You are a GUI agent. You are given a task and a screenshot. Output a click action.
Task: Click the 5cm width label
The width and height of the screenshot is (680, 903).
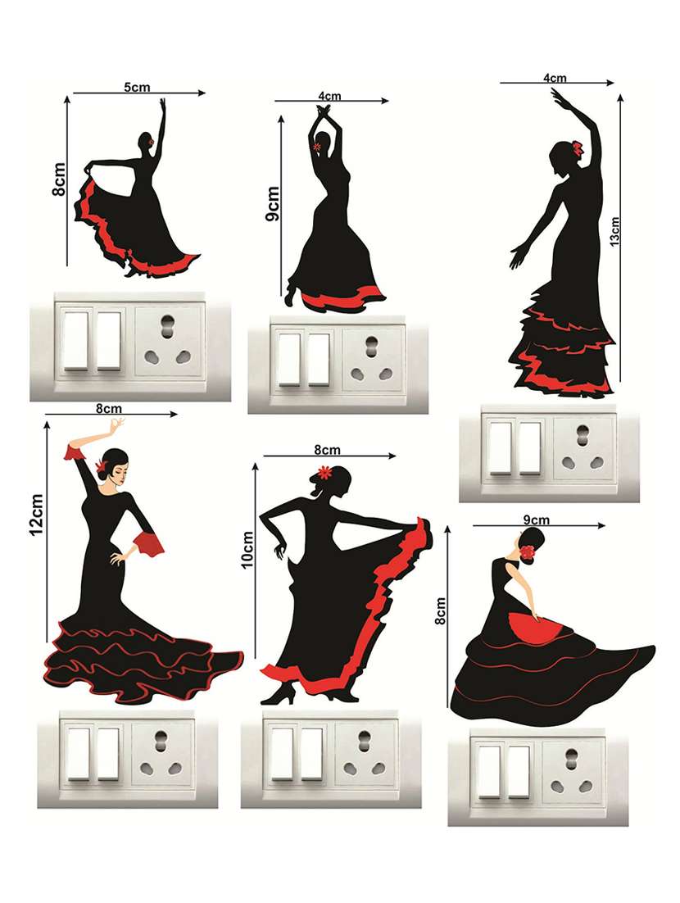click(x=137, y=87)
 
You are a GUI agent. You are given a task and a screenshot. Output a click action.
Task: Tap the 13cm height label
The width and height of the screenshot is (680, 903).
click(x=615, y=232)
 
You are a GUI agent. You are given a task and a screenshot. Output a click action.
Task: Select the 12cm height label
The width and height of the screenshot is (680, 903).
click(x=36, y=515)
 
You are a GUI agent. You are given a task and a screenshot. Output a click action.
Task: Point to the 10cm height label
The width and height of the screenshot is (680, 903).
click(x=247, y=549)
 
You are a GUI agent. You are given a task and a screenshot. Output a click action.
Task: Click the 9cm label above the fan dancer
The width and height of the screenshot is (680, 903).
click(x=536, y=520)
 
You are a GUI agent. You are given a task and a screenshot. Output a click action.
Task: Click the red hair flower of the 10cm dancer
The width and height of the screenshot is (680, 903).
click(x=325, y=472)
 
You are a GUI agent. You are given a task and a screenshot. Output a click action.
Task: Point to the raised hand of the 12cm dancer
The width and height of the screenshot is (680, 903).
click(x=117, y=427)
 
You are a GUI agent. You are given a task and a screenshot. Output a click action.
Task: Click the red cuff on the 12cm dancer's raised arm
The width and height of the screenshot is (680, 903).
click(x=75, y=451)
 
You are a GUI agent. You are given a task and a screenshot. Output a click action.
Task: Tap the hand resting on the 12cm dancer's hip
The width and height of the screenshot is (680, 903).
click(x=119, y=558)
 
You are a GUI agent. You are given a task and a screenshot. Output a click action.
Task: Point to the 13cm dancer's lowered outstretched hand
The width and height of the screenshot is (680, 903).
click(x=518, y=256)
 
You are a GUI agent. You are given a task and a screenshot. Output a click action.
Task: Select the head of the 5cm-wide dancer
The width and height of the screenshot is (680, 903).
click(x=145, y=141)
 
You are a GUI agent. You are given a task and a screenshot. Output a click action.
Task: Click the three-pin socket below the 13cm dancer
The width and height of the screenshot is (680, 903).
click(x=584, y=448)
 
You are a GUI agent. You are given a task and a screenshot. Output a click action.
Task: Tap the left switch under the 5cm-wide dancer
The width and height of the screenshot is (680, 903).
click(x=75, y=340)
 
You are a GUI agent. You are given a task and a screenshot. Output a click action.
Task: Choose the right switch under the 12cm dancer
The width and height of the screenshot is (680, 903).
click(x=108, y=754)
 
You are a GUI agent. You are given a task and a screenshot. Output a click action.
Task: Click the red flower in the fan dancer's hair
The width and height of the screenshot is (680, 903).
click(x=528, y=551)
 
